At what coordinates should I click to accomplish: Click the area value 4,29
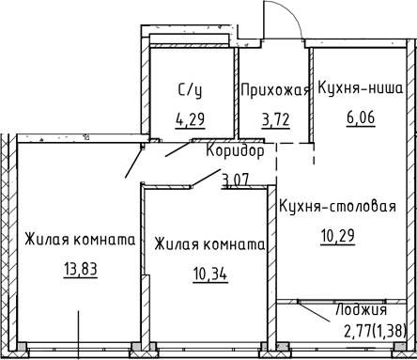tap(190, 119)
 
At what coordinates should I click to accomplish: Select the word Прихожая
tap(274, 90)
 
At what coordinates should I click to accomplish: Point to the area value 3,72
tap(275, 119)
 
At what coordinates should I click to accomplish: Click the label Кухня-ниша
tap(362, 90)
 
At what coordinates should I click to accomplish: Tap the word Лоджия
tap(362, 310)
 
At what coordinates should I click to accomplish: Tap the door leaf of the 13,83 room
tap(133, 164)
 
